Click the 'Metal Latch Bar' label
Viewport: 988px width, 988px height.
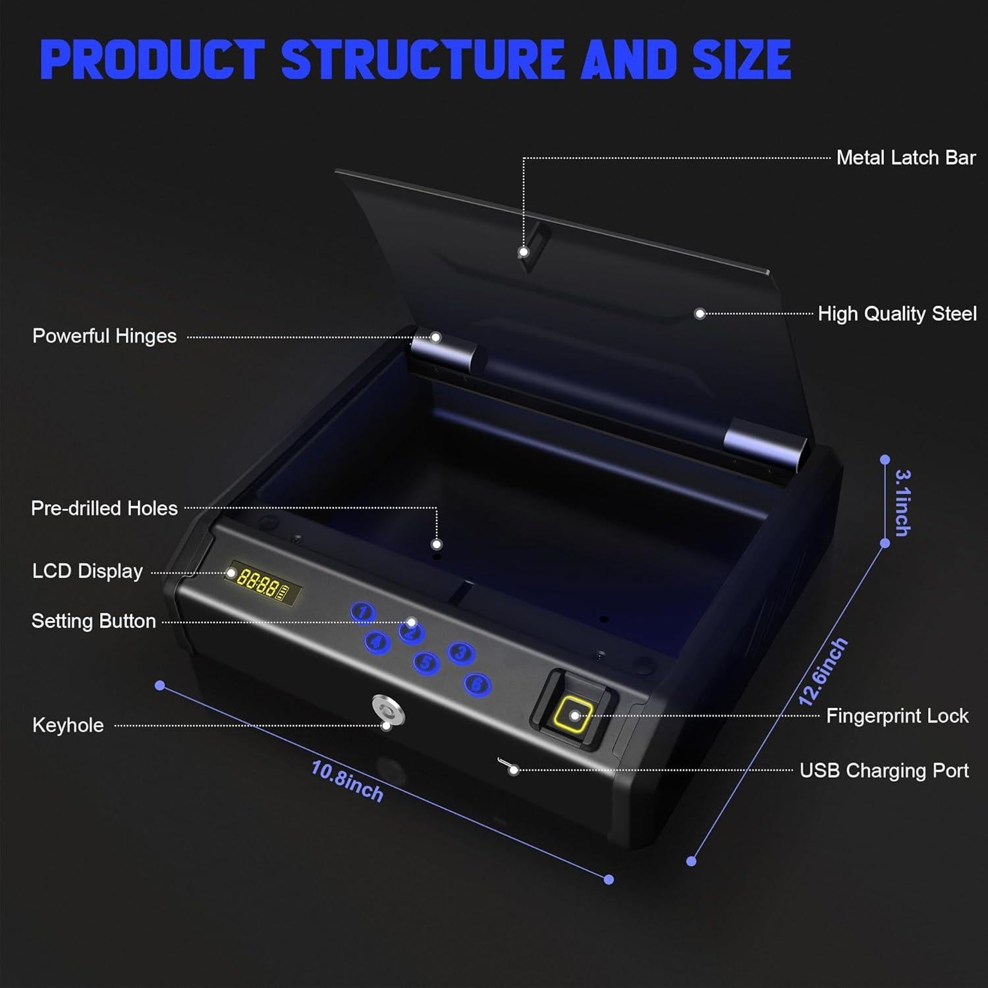[x=906, y=158]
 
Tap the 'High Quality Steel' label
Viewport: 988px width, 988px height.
[x=897, y=314]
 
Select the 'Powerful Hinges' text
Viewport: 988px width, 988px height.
[x=105, y=337]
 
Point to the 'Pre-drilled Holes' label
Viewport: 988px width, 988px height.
[x=105, y=508]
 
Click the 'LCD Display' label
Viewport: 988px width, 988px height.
[x=88, y=571]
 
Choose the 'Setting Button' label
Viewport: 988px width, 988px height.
[x=94, y=621]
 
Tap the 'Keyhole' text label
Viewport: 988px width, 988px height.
[x=69, y=725]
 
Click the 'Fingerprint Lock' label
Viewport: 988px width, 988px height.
[x=897, y=716]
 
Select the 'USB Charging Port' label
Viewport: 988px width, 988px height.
[x=884, y=771]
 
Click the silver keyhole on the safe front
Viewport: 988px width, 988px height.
[x=384, y=710]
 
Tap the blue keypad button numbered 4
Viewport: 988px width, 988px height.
[x=377, y=642]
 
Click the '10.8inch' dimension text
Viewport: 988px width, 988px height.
[x=347, y=781]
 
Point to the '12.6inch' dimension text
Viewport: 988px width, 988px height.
[x=823, y=672]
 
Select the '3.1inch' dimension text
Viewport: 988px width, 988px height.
[x=903, y=503]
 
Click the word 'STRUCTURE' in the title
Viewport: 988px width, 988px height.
[x=422, y=59]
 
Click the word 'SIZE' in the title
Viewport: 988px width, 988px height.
[x=742, y=59]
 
